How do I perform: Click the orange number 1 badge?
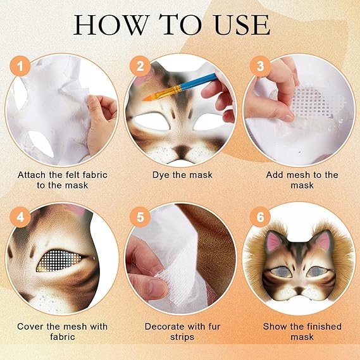click(20, 66)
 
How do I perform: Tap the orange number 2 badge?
click(140, 66)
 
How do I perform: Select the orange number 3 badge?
click(260, 66)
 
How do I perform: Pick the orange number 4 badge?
click(20, 217)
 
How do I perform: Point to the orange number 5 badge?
click(140, 217)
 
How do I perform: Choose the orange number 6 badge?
click(260, 217)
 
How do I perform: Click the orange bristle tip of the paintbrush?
click(149, 97)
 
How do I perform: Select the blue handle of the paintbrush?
click(199, 80)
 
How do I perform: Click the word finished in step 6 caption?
click(324, 326)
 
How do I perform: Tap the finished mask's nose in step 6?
click(299, 289)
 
